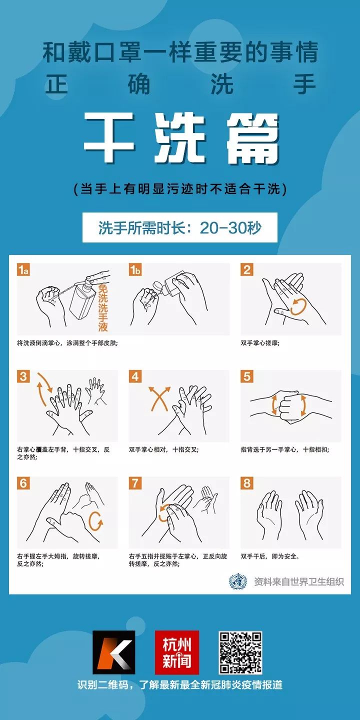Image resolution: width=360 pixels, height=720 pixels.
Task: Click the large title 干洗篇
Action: (181, 137)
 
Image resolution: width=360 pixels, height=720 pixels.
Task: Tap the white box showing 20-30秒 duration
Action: (180, 228)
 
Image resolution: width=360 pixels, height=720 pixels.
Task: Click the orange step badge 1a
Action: (23, 270)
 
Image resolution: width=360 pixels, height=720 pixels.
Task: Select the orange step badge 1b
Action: (135, 270)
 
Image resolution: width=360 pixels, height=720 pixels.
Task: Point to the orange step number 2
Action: (246, 270)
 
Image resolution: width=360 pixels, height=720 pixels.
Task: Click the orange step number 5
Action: (246, 376)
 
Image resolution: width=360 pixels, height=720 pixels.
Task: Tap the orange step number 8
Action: (246, 483)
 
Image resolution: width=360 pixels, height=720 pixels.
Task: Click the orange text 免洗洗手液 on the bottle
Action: (102, 308)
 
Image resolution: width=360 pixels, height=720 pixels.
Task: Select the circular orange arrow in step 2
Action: (298, 306)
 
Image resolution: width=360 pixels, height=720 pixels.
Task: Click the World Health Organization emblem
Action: (238, 581)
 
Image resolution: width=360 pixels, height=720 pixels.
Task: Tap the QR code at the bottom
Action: (240, 652)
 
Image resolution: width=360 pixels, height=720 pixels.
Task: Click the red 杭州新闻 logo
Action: (176, 652)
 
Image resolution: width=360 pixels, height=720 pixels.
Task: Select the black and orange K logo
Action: (113, 652)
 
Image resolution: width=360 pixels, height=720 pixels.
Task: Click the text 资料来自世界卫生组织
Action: (298, 581)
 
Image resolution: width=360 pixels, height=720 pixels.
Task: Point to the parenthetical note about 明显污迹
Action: (180, 189)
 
